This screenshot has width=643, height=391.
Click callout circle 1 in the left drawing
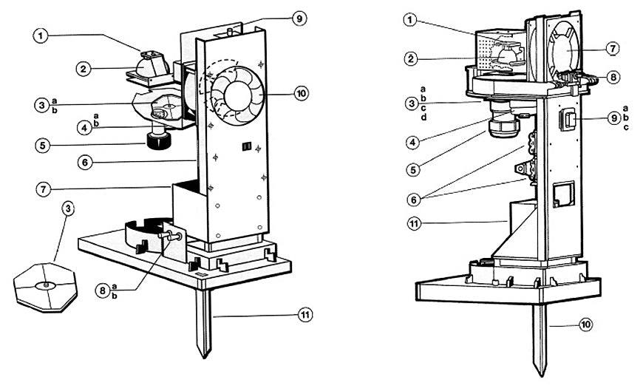pyautogui.click(x=40, y=35)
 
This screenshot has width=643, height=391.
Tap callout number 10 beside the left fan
pyautogui.click(x=302, y=93)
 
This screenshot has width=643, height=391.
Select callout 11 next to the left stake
pyautogui.click(x=305, y=315)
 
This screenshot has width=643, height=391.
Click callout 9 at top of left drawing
pyautogui.click(x=299, y=18)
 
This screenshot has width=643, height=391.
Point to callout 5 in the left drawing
pyautogui.click(x=43, y=146)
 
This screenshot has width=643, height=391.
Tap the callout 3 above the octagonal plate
pyautogui.click(x=68, y=208)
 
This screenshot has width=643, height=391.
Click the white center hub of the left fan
pyautogui.click(x=237, y=95)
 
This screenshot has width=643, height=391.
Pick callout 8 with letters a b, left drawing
pyautogui.click(x=102, y=290)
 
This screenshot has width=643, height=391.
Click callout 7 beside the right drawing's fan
pyautogui.click(x=613, y=49)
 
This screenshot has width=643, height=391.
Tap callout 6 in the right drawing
pyautogui.click(x=414, y=200)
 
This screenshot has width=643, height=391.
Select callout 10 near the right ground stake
pyautogui.click(x=586, y=324)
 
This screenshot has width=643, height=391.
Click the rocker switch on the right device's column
pyautogui.click(x=568, y=120)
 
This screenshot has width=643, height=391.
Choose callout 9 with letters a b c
pyautogui.click(x=614, y=118)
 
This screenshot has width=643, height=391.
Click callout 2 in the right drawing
pyautogui.click(x=410, y=58)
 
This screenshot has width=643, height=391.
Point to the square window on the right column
pyautogui.click(x=564, y=194)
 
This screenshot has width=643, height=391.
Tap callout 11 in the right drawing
pyautogui.click(x=414, y=224)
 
